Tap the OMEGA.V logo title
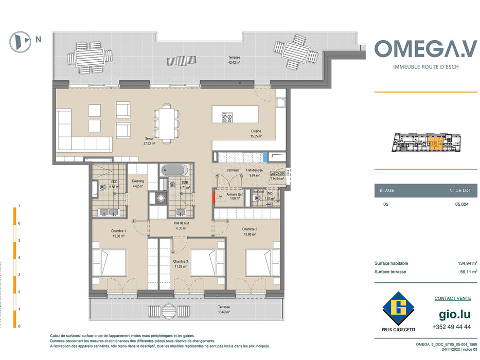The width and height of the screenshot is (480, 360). (x=425, y=49)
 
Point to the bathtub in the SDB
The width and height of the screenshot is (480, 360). (x=174, y=170)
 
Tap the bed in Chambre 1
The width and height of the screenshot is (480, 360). (x=110, y=262)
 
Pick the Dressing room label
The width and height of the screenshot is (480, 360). (x=138, y=184)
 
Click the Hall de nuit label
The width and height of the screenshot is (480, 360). (x=182, y=225)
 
